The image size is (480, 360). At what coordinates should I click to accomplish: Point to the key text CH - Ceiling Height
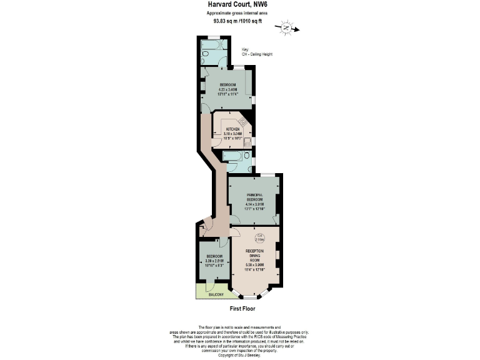click(x=256, y=54)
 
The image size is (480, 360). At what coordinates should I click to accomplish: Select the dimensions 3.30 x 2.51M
click(x=211, y=263)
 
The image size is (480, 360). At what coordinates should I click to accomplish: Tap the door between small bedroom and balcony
click(x=211, y=283)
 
